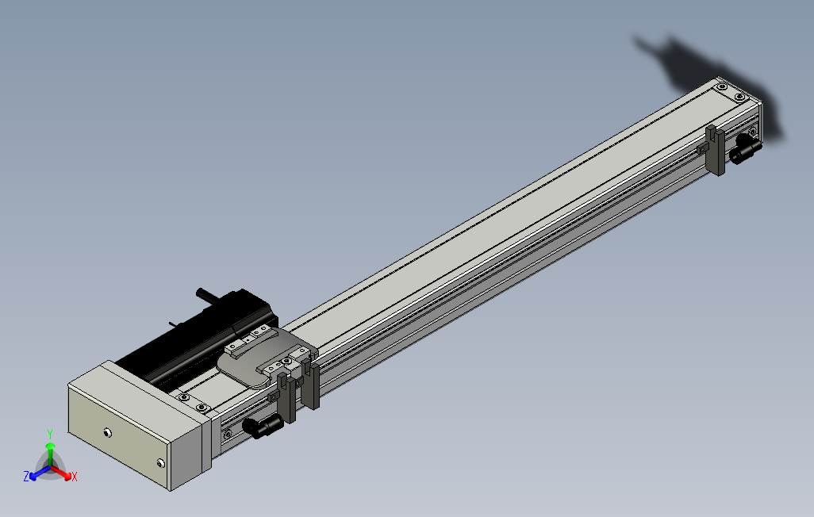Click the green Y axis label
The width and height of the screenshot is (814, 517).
click(x=50, y=434)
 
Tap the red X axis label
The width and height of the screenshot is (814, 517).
click(x=75, y=477)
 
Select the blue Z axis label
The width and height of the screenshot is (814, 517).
click(x=26, y=476)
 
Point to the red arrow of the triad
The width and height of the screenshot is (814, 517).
click(x=62, y=473)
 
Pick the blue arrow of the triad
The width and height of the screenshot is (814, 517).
click(x=40, y=473)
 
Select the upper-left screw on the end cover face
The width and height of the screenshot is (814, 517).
click(x=107, y=432)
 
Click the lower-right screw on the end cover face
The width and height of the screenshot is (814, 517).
click(x=161, y=462)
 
